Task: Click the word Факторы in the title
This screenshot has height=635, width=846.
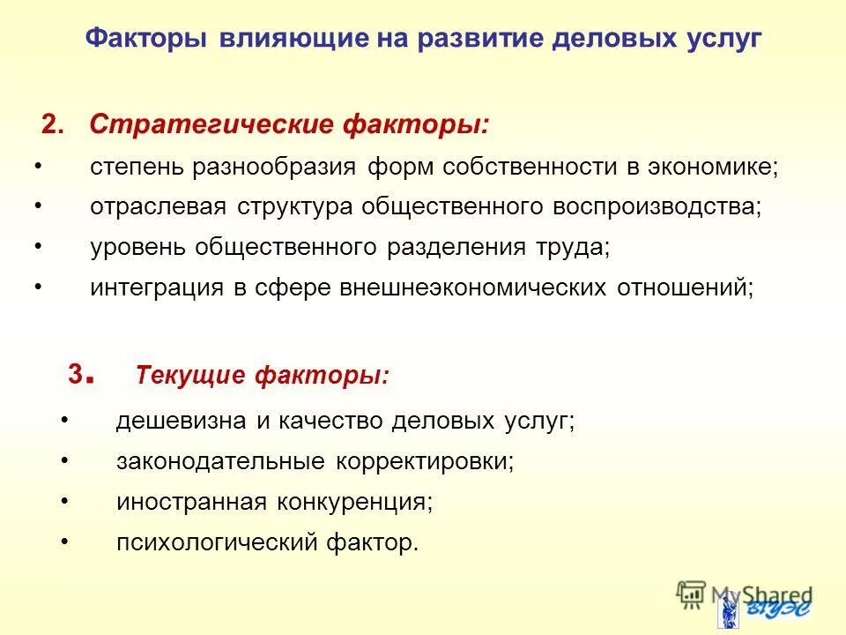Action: [x=146, y=41]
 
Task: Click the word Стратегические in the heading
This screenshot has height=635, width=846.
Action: [x=208, y=125]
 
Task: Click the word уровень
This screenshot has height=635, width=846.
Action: [x=137, y=248]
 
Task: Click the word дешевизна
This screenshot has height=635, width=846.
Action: [x=181, y=422]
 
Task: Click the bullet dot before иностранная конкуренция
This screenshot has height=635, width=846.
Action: [x=65, y=500]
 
